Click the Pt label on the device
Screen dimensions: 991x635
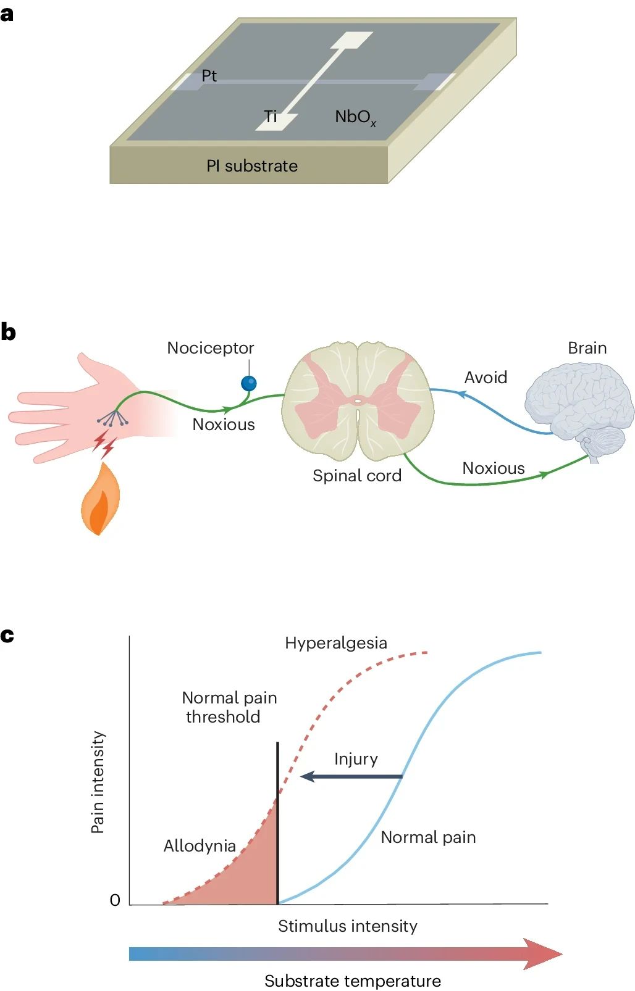coord(209,76)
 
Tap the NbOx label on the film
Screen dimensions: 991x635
coord(355,117)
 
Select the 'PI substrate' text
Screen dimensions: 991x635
coord(252,166)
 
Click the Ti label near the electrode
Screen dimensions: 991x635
coord(271,116)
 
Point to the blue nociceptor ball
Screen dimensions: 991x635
coord(248,384)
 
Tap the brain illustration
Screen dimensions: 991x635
coord(579,407)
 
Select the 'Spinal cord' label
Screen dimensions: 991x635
coord(357,476)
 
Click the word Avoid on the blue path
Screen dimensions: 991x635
coord(486,378)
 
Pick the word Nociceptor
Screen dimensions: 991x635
coord(211,348)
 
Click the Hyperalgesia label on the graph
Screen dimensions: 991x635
coord(336,643)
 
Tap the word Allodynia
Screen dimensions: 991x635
coord(200,845)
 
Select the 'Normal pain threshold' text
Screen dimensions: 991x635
coord(229,707)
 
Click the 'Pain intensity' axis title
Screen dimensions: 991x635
coord(98,782)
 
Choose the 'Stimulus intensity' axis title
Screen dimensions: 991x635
coord(348,926)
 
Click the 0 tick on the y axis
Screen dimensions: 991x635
coord(115,900)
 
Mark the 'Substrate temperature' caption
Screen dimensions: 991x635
coord(353,981)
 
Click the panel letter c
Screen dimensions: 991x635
coord(7,636)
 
